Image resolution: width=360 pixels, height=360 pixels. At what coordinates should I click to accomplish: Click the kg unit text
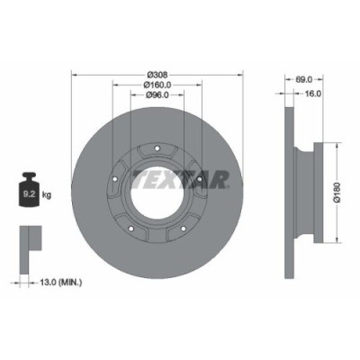48,193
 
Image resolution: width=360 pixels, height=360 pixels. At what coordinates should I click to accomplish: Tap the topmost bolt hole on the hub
157,149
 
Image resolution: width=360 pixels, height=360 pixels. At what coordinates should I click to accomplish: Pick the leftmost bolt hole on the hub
115,180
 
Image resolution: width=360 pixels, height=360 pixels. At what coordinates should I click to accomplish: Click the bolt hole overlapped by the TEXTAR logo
199,180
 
